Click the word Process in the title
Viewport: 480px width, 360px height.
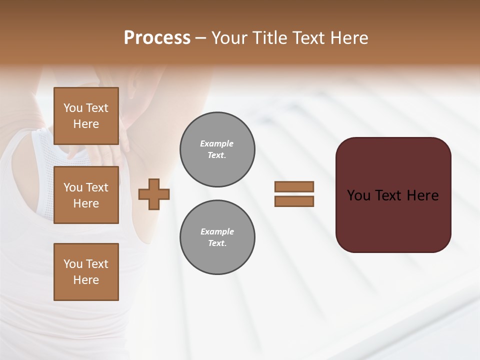point(157,38)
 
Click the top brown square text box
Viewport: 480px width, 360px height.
point(86,116)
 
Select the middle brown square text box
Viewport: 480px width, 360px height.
point(86,195)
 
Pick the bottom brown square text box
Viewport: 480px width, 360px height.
point(86,272)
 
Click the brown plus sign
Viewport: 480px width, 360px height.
point(154,194)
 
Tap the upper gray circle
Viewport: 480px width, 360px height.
point(217,149)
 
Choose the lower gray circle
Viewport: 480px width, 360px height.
point(217,237)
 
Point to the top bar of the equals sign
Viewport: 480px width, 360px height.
point(294,186)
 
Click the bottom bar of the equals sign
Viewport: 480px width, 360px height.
point(294,201)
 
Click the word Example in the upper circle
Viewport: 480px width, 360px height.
point(217,143)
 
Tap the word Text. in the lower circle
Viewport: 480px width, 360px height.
point(217,243)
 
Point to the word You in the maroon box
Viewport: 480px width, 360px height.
point(359,195)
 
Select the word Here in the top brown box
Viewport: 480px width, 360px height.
point(86,124)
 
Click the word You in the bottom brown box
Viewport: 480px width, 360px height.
point(73,264)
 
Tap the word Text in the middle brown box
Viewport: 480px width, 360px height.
point(96,187)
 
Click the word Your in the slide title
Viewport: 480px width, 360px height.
point(229,38)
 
